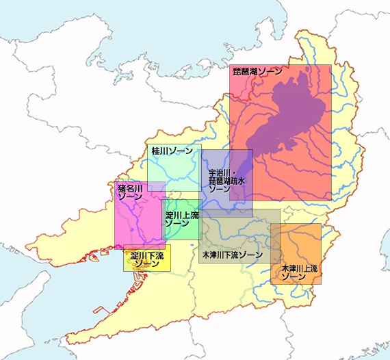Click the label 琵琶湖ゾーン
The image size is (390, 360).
257,70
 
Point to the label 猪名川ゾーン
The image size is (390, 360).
130,192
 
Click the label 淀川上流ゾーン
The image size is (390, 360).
182,219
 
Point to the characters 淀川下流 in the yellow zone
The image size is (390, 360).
147,255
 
